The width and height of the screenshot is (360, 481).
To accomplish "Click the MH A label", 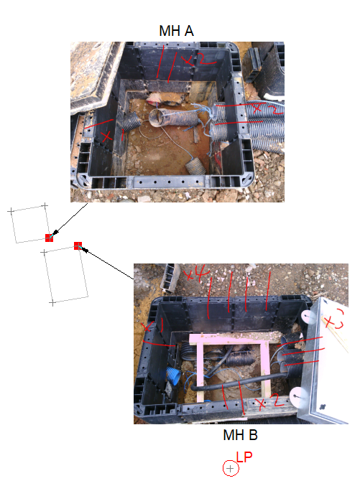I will tap(176, 31).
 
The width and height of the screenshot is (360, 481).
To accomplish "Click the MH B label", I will tap(240, 435).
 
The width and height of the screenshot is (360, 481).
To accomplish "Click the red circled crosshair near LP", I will tap(230, 469).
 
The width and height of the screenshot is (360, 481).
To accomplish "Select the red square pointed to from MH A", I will tap(49, 238).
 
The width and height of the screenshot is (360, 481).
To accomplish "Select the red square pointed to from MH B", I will tap(78, 246).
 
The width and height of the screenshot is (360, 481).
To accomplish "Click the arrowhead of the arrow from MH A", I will tap(55, 234).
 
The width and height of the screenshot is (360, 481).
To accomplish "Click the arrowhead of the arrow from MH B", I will tap(83, 249).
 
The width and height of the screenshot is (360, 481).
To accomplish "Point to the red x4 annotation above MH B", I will tap(195, 273).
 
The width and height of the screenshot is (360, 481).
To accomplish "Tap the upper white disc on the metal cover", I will tap(308, 316).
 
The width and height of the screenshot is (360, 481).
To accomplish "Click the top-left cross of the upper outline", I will tap(11, 211).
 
